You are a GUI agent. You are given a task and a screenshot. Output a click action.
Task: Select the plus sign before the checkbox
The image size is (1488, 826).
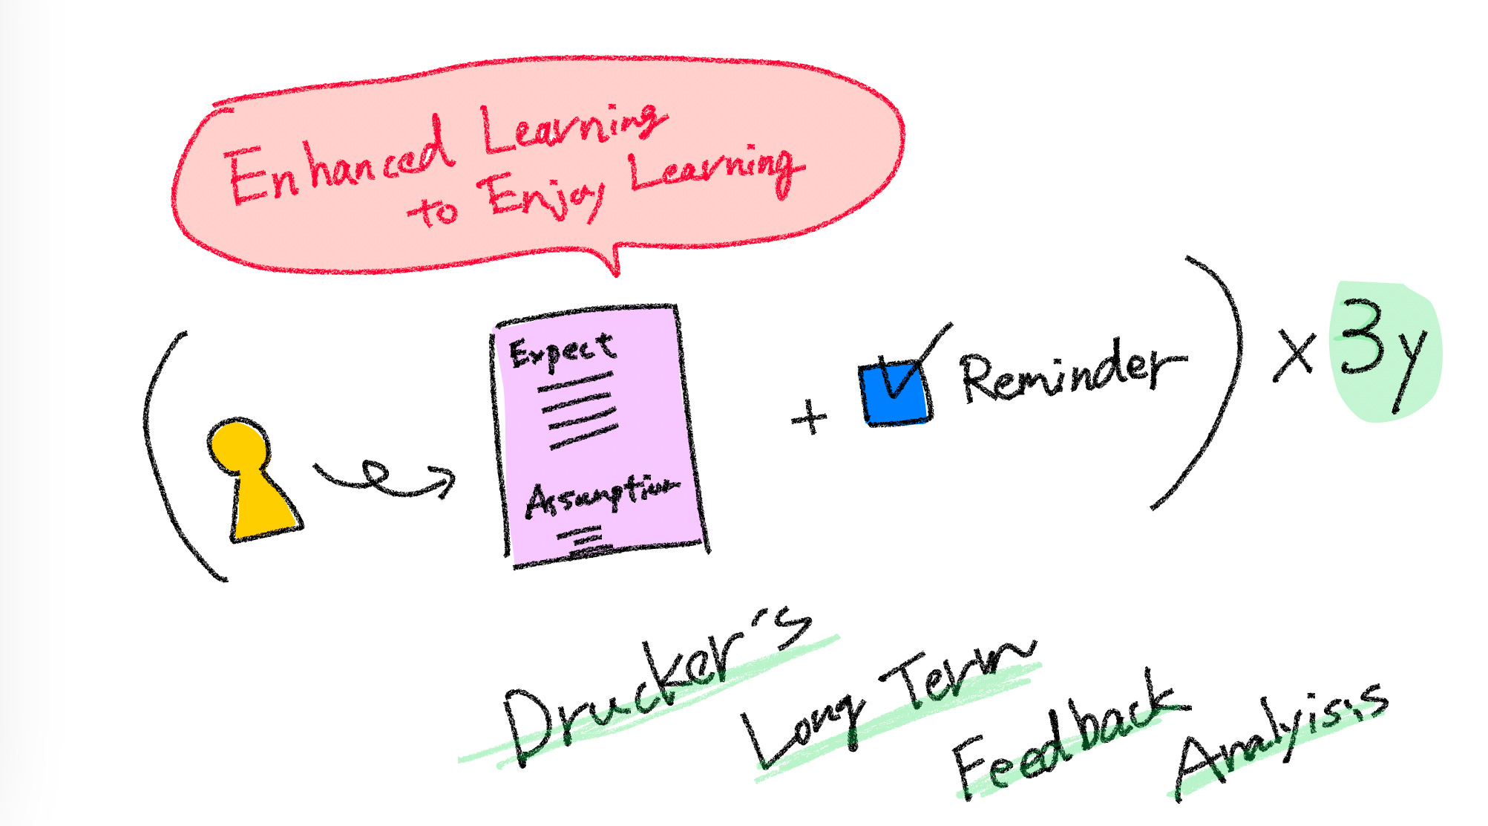point(809,417)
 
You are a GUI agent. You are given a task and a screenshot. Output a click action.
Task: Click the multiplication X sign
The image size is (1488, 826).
point(1295,355)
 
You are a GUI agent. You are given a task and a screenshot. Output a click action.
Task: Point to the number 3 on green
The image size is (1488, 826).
point(1362,338)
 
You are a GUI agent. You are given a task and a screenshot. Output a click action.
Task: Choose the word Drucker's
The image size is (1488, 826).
point(653,687)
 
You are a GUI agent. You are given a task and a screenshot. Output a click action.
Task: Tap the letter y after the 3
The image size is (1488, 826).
point(1410,368)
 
